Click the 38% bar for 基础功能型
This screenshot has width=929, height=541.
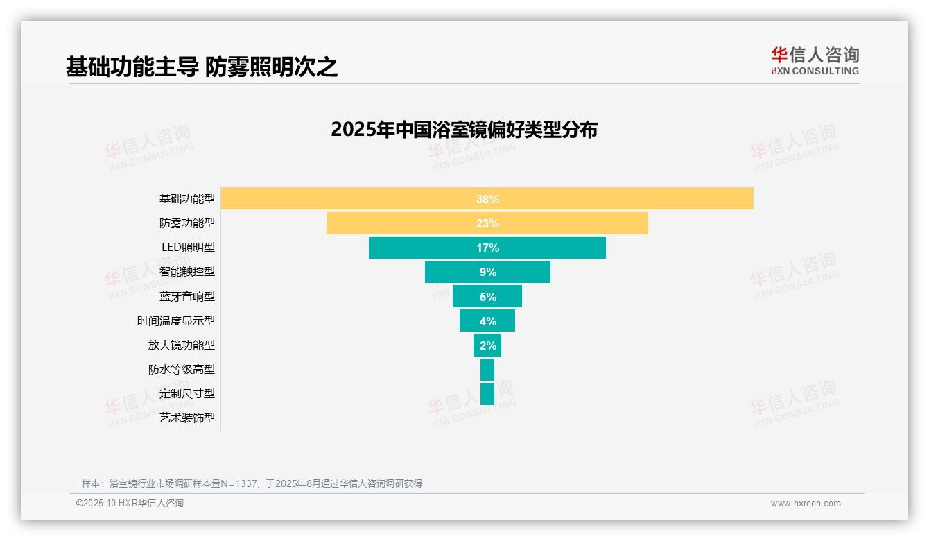[x=624, y=198]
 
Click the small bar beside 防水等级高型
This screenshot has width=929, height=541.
[x=487, y=370]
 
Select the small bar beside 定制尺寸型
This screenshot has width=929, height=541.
[x=487, y=394]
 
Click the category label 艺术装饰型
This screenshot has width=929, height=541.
[x=187, y=418]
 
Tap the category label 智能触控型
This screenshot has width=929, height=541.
[x=187, y=272]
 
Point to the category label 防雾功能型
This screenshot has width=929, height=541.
[x=187, y=223]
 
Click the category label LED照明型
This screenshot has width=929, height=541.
[x=188, y=248]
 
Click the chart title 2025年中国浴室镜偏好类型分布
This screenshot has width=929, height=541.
[x=464, y=130]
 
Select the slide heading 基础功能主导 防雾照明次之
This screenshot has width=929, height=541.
[x=202, y=67]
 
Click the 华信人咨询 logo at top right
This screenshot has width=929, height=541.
[x=815, y=60]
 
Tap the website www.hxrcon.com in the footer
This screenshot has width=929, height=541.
[x=806, y=504]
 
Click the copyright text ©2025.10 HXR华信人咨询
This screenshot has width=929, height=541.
[x=130, y=504]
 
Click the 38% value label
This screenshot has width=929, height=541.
[x=487, y=199]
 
